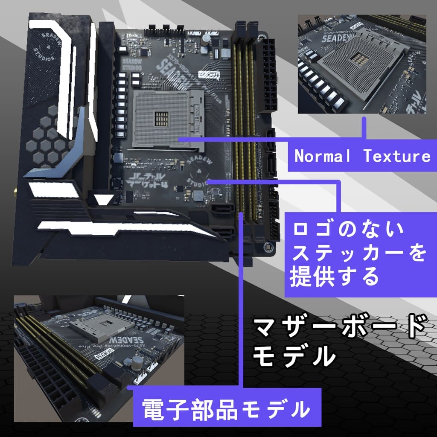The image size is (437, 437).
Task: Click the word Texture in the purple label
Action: [397, 157]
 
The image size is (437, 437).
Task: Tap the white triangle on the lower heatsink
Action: [102, 199]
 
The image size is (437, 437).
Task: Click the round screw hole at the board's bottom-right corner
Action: [268, 247]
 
